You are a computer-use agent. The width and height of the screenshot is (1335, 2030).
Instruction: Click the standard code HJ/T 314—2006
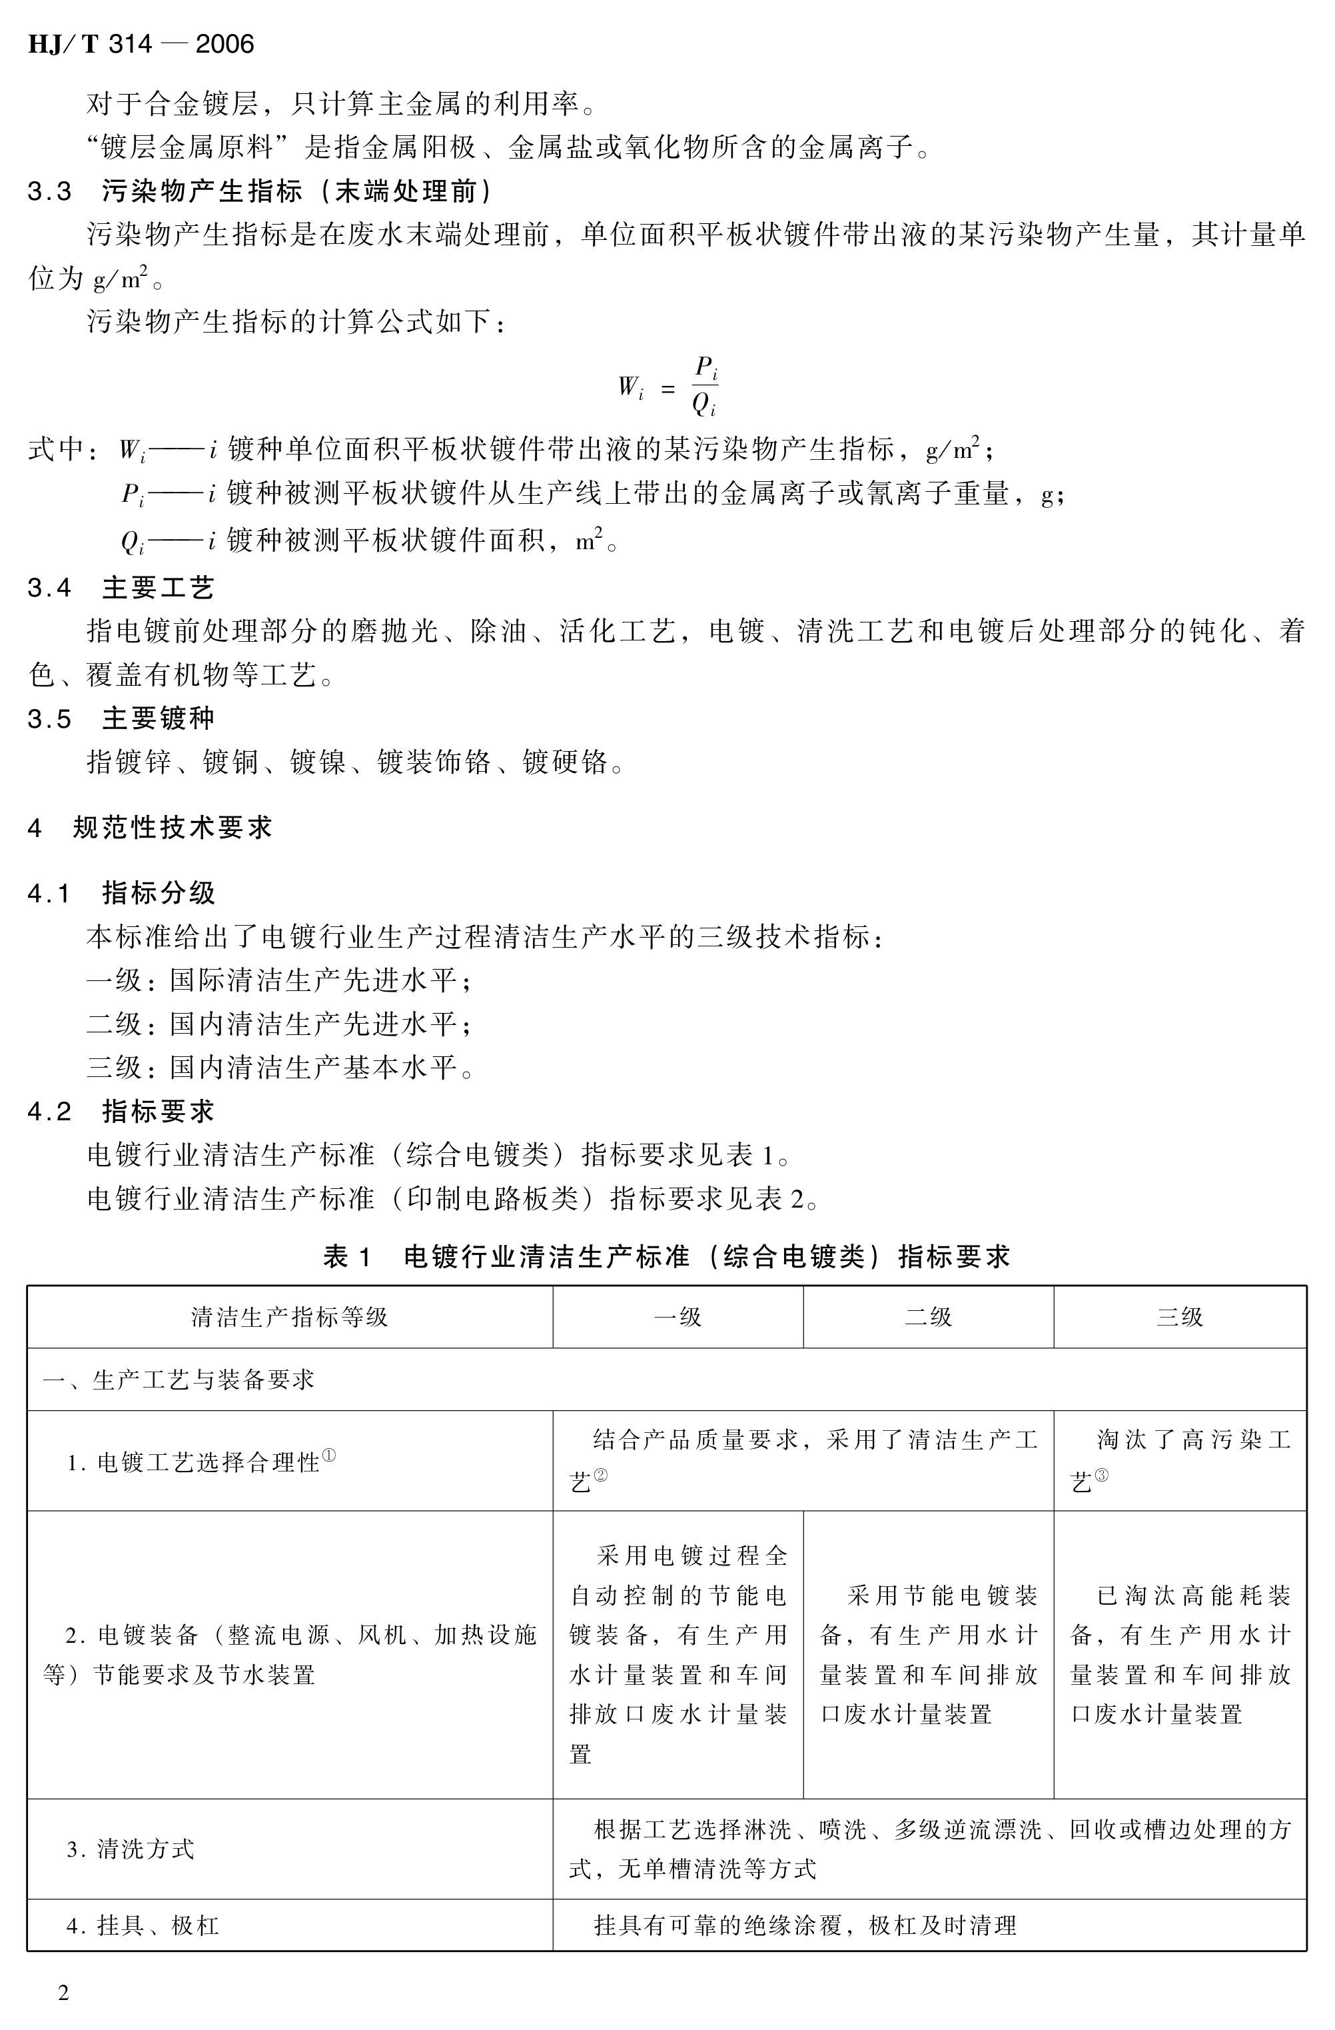coord(141,45)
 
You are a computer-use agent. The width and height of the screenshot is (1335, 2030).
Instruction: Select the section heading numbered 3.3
coord(260,191)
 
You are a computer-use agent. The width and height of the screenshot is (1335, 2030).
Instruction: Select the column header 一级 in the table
coord(677,1317)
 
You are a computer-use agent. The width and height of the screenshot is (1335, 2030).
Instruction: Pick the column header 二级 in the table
coord(927,1317)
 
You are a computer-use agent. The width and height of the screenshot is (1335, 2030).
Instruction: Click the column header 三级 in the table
coord(1179,1317)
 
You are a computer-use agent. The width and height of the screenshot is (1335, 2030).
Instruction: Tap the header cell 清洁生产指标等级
coord(289,1317)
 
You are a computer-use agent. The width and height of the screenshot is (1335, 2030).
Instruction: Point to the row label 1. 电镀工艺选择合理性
coord(201,1462)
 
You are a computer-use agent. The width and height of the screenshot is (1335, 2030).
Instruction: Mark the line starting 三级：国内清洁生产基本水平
coord(280,1067)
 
